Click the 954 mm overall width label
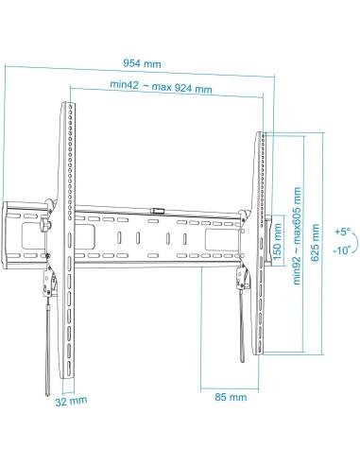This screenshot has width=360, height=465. pos(142,64)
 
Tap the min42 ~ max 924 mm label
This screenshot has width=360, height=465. pos(161,86)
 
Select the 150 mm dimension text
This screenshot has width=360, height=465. pos(278,241)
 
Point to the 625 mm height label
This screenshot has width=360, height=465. pos(315,243)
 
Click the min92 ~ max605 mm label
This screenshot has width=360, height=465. pos(297,236)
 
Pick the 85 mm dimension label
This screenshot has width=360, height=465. pos(231,397)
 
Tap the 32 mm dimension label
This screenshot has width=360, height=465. pos(71,401)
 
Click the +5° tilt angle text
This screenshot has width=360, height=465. pos(342,232)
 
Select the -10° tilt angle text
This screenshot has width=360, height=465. pos(342,250)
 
